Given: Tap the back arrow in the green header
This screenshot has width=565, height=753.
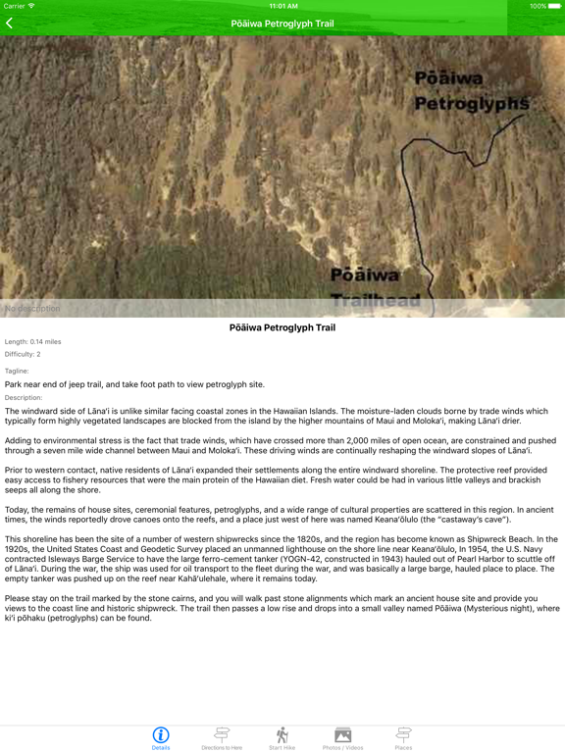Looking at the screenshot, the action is point(10,23).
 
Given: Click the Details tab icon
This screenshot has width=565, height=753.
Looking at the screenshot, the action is point(161,735).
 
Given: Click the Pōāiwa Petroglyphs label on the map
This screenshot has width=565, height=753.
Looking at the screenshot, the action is point(471,90).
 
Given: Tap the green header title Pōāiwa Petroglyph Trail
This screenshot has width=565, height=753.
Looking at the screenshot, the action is point(282,23).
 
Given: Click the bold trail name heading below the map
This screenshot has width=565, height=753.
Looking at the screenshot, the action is point(282,327).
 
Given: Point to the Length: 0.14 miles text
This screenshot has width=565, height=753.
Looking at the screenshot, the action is point(32,342).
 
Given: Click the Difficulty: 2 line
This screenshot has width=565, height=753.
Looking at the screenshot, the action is point(23,354).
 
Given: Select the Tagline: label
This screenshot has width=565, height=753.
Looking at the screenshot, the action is point(17,371).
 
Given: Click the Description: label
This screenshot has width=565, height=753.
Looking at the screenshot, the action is point(24,397).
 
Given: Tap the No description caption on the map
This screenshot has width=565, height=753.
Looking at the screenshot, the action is point(32,309).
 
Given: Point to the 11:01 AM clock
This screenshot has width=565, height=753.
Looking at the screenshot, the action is point(282,6).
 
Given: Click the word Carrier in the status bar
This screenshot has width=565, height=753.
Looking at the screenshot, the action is point(15,6).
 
